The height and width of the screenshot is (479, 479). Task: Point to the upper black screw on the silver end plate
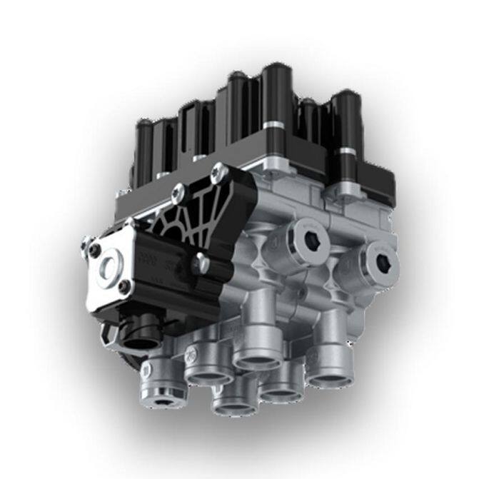95,250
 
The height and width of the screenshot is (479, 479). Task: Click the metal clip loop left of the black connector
107,330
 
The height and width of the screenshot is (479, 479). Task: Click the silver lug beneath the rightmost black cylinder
348,188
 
